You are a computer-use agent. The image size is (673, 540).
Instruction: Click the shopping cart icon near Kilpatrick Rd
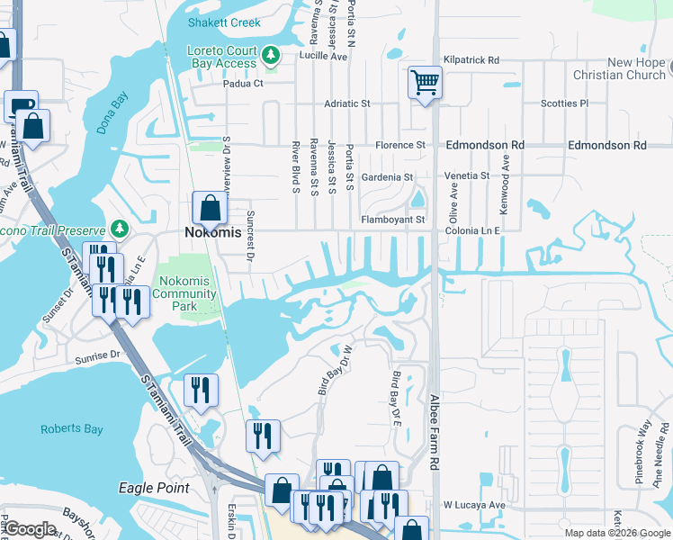click(425, 83)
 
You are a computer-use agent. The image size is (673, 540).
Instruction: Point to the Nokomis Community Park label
click(184, 293)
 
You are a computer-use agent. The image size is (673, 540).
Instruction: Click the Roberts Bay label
click(71, 429)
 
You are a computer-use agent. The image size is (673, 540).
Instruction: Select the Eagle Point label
click(154, 488)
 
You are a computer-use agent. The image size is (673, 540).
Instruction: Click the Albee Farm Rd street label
click(434, 432)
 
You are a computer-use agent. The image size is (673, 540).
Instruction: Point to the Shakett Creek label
click(224, 22)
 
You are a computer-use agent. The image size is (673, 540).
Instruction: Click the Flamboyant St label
click(392, 219)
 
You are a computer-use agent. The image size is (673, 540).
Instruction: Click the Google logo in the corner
click(31, 530)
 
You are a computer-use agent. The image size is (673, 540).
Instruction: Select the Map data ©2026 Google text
click(616, 533)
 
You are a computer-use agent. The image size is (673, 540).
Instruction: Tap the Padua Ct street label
click(243, 84)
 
